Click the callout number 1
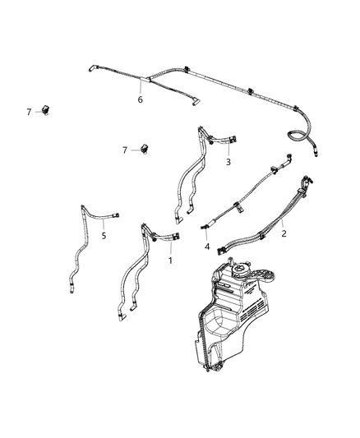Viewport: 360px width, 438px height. (x=170, y=260)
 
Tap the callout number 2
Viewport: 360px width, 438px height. (x=284, y=233)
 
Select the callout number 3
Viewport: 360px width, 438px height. (x=228, y=163)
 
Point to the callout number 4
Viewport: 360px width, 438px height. (x=206, y=247)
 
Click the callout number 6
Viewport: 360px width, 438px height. (x=140, y=99)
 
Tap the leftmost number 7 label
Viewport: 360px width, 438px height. (x=28, y=109)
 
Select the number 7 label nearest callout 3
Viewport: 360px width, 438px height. (x=124, y=150)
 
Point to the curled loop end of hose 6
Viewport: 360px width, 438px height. (x=297, y=136)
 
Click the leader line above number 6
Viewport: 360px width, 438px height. (x=141, y=87)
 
